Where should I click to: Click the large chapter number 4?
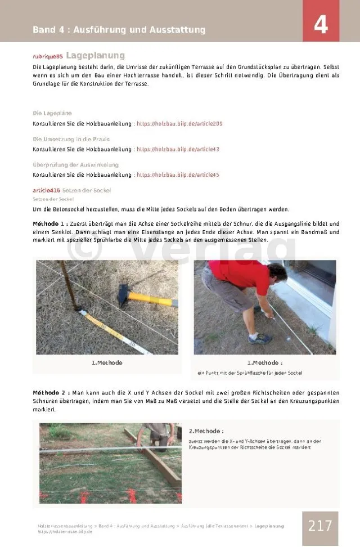(321, 25)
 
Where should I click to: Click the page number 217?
(320, 526)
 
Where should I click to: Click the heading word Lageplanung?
(95, 56)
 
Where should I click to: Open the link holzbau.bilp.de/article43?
(178, 149)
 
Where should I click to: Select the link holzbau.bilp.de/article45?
(178, 175)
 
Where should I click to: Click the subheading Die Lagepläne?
(52, 113)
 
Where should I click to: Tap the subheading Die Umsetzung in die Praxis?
(71, 139)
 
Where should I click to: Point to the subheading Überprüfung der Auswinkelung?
(75, 165)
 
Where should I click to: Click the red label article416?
(46, 190)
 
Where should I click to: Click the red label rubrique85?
(48, 56)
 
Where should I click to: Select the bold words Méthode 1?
(51, 223)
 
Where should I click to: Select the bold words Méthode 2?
(51, 392)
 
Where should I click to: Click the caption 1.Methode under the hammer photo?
(107, 362)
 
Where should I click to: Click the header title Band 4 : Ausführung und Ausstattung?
(119, 30)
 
